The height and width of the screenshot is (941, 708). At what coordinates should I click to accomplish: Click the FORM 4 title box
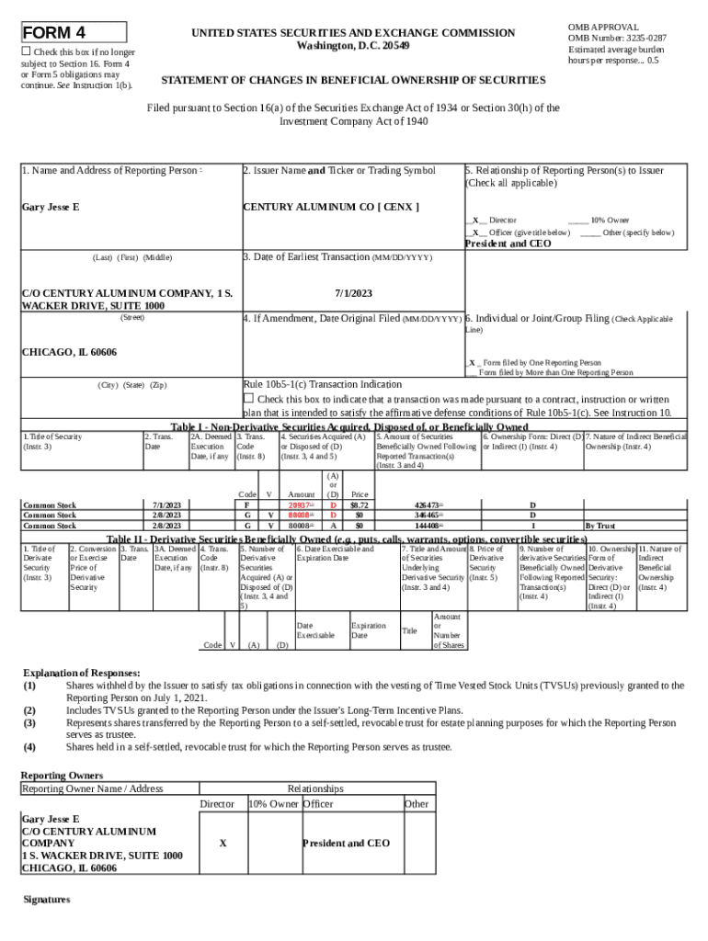[x=74, y=33]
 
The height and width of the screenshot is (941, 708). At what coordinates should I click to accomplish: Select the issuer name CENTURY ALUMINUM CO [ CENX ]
[x=330, y=207]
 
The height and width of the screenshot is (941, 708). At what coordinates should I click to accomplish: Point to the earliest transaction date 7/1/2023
[x=353, y=293]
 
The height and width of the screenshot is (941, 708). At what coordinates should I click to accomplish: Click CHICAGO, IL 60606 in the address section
[x=69, y=353]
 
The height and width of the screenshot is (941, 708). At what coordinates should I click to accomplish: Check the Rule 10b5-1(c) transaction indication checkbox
[x=247, y=399]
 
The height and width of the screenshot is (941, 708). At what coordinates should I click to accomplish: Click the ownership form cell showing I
[x=531, y=526]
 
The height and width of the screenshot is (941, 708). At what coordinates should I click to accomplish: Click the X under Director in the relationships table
[x=223, y=843]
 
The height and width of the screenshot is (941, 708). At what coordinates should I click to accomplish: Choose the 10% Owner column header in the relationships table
[x=273, y=804]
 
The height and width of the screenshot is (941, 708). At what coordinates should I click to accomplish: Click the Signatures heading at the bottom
[x=46, y=899]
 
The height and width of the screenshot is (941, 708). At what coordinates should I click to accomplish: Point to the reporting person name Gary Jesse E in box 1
[x=51, y=207]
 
